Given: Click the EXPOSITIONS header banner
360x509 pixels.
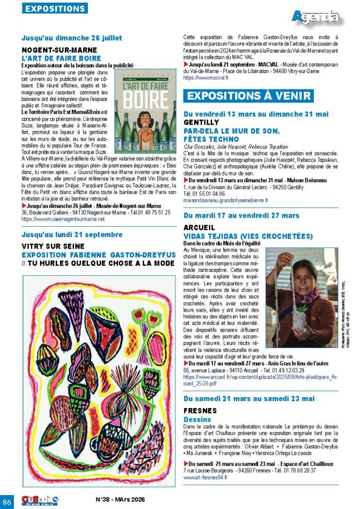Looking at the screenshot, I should click(x=55, y=8).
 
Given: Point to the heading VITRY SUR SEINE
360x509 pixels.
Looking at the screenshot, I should click(x=53, y=246).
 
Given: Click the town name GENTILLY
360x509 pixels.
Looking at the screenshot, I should click(x=201, y=122).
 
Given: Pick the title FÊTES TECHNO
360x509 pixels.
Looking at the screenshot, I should click(x=211, y=139).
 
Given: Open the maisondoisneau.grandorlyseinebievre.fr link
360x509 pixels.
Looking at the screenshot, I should click(x=226, y=200).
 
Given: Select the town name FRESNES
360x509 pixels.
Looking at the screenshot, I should click(x=200, y=411).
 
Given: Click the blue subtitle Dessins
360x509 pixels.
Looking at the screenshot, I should click(x=197, y=420).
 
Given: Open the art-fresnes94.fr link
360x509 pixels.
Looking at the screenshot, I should click(x=205, y=477).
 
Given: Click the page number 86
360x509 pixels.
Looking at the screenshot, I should click(x=7, y=500).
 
